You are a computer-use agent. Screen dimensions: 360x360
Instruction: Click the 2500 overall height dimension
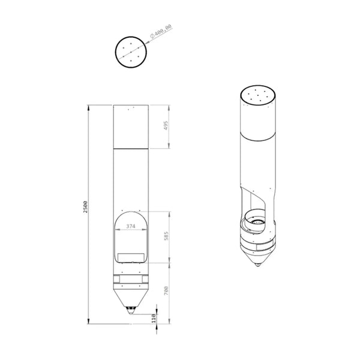point(85,207)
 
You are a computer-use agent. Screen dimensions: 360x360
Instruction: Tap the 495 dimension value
point(166,125)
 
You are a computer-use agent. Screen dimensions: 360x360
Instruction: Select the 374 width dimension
point(131,226)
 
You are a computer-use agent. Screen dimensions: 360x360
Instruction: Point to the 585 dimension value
point(166,236)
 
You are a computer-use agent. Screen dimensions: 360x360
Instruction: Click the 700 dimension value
point(166,290)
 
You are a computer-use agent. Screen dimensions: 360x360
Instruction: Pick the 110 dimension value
point(154,319)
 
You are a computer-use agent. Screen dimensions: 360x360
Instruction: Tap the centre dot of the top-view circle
point(131,52)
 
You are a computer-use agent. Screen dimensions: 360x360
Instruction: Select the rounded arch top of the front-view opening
point(131,212)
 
